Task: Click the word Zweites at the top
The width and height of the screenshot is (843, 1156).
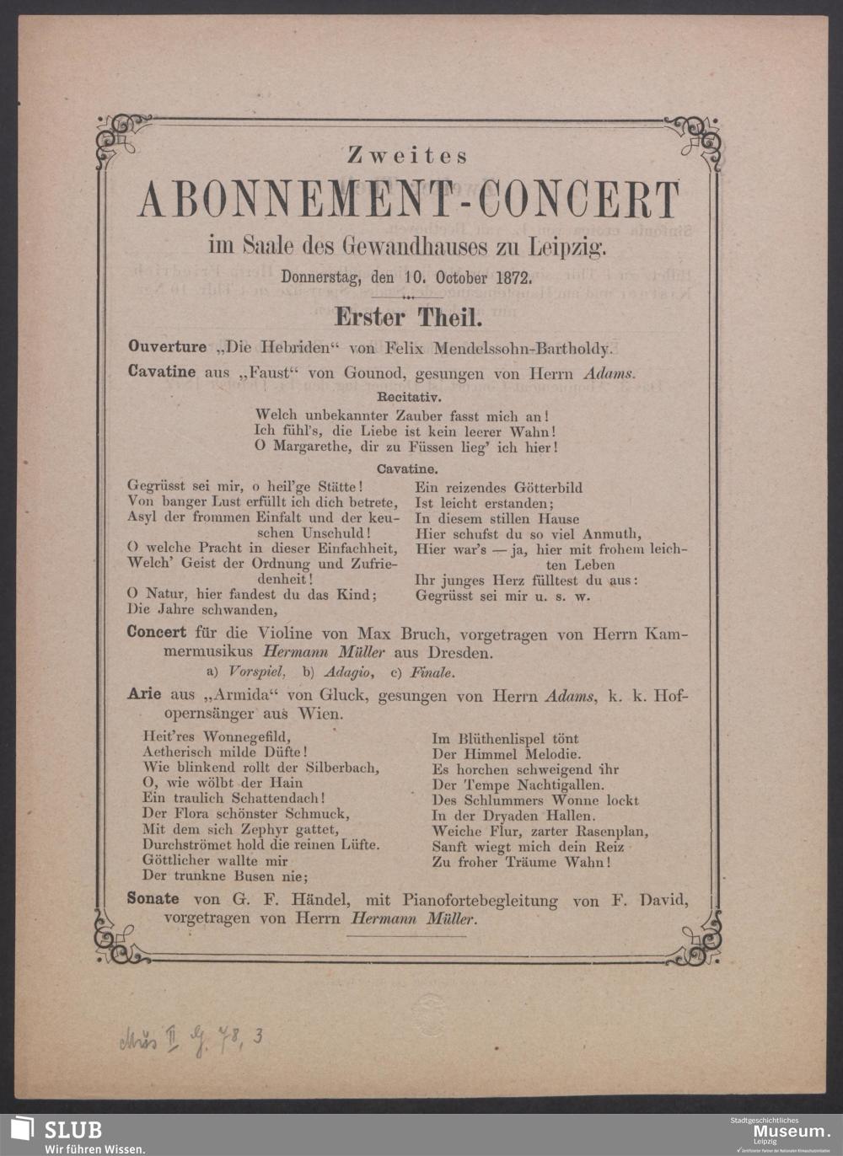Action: (407, 156)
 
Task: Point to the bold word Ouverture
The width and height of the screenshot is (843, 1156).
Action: (166, 346)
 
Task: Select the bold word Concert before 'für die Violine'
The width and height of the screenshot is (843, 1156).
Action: (156, 632)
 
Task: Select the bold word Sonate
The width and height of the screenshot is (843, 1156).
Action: (153, 899)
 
